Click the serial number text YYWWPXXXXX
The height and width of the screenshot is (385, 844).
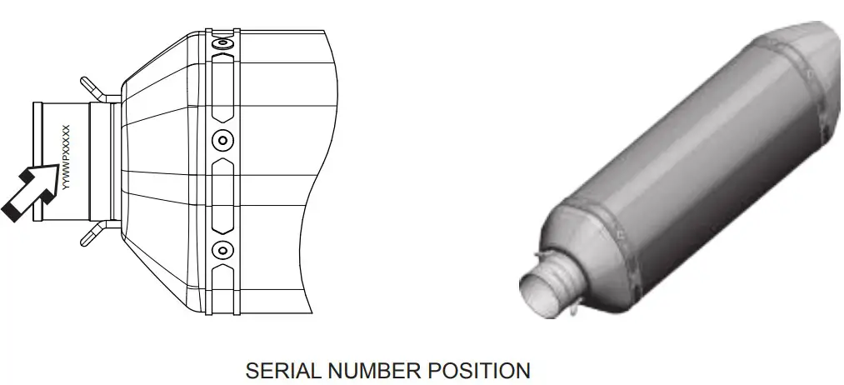tap(65, 159)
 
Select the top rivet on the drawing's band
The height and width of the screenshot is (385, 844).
tap(222, 42)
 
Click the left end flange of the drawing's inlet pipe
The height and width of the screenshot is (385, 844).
tap(37, 158)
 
